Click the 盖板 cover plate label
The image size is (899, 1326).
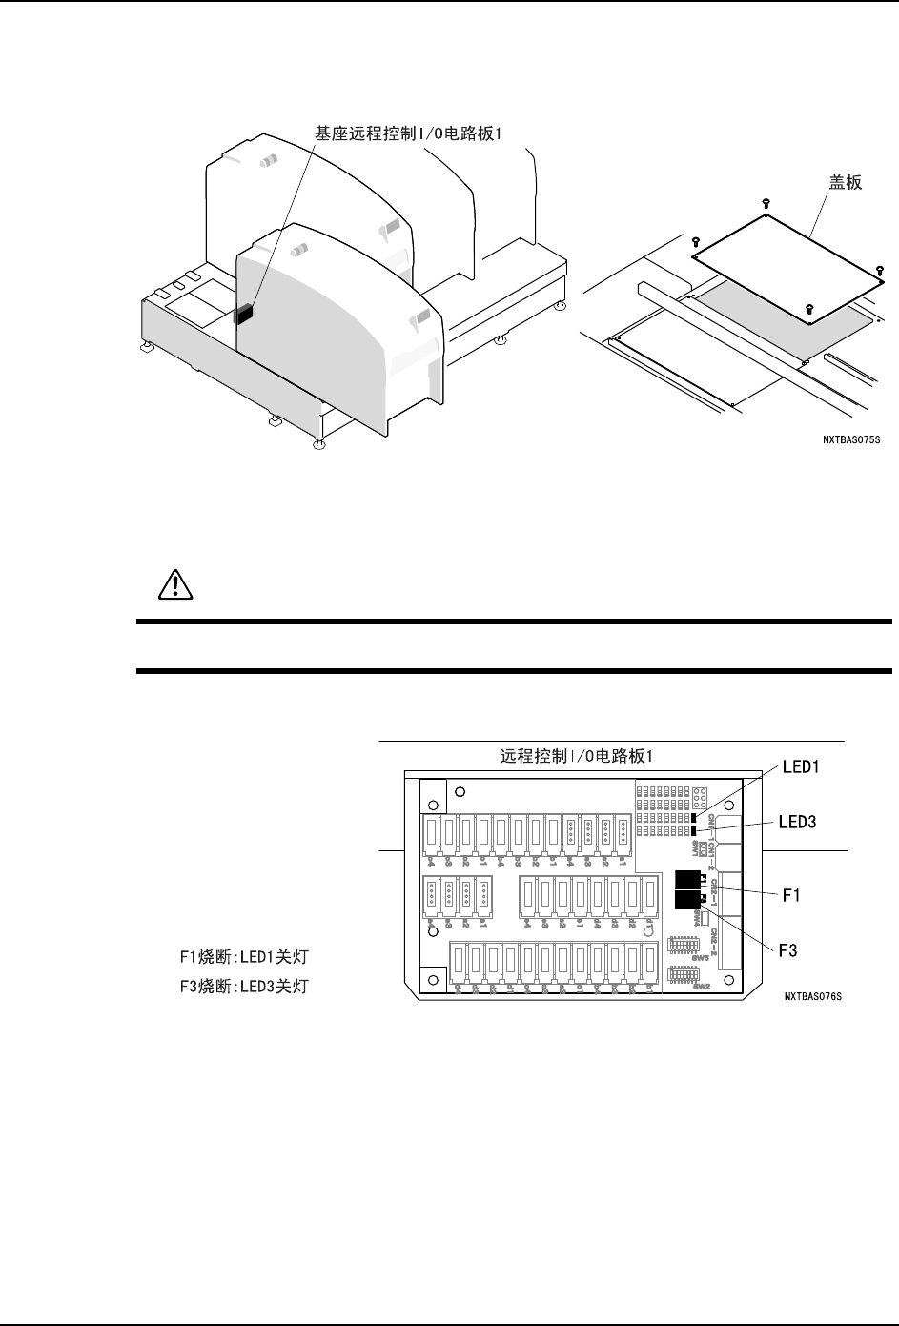[x=844, y=182]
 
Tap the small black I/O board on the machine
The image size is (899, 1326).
[x=243, y=314]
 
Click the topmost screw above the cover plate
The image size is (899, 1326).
[x=766, y=203]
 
